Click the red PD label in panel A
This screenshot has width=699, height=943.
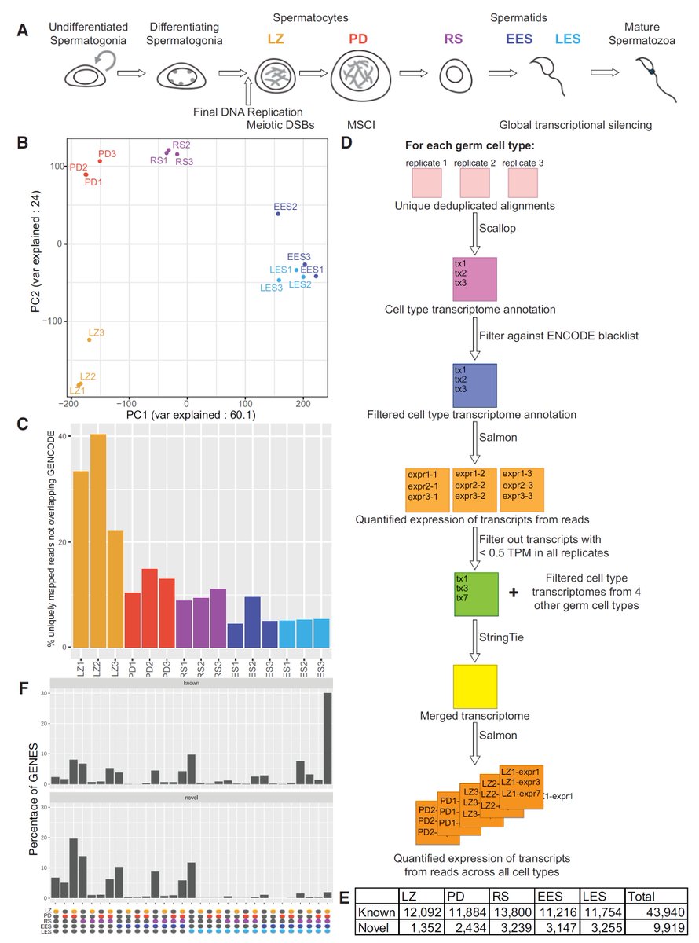pos(357,39)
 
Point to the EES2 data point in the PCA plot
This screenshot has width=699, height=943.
pos(278,214)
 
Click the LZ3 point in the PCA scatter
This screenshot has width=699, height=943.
pos(89,339)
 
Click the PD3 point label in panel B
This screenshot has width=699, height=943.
pos(107,154)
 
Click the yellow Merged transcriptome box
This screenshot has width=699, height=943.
pos(475,687)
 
